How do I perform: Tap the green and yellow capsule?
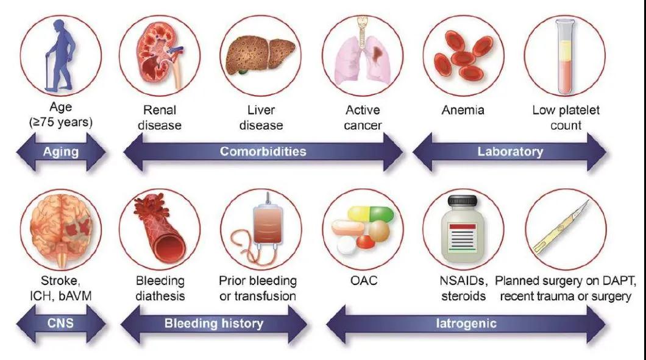click(x=371, y=214)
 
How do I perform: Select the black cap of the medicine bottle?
click(x=463, y=201)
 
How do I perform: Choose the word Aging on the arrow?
click(x=61, y=152)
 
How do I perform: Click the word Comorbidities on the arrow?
click(x=263, y=151)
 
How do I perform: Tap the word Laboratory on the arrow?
click(x=510, y=152)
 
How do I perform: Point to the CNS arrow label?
click(x=60, y=323)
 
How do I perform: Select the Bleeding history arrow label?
click(x=214, y=323)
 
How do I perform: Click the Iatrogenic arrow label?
click(x=466, y=323)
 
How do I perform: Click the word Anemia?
click(x=463, y=110)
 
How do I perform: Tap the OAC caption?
click(x=364, y=280)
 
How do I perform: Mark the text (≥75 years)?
click(x=61, y=122)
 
